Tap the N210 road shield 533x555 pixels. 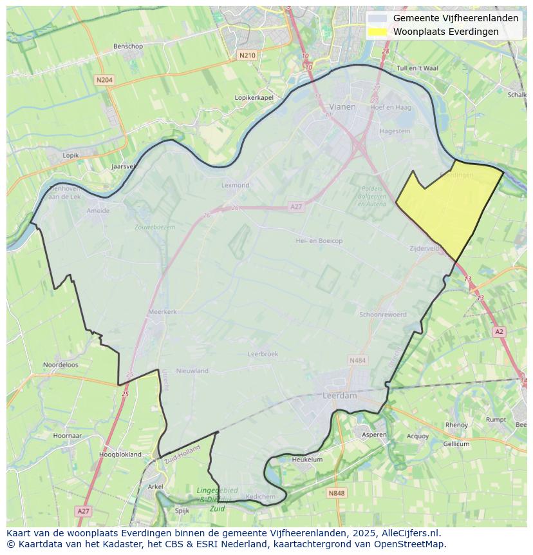pos(247,55)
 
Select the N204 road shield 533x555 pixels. pos(104,80)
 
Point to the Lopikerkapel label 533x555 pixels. pos(254,97)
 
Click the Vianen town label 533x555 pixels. pos(342,107)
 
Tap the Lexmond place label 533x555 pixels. pos(235,185)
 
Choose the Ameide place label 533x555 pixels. pos(98,211)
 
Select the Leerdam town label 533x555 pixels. pos(339,396)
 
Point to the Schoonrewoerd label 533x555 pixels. pos(382,315)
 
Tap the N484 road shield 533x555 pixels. pos(357,360)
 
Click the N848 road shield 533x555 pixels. pos(336,493)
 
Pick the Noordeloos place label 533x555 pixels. pos(61,365)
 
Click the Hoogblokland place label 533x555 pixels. pos(120,454)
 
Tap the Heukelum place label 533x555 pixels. pos(307,460)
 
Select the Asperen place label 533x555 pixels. pos(374,435)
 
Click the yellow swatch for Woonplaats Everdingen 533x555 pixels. pos(378,32)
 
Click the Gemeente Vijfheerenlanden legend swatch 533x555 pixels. pos(378,18)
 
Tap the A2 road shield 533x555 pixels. pos(499,331)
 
